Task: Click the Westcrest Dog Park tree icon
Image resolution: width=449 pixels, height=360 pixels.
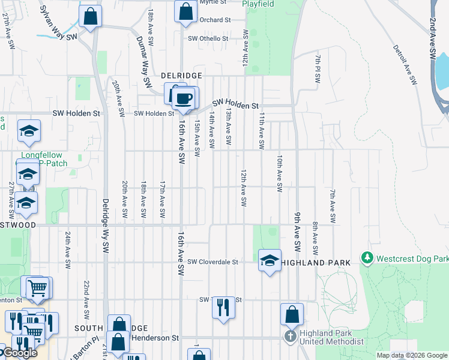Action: coord(367,259)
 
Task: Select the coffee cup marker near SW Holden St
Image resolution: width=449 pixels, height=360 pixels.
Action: coord(184,98)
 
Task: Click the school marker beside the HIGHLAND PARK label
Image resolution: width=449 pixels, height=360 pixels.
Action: coord(270,260)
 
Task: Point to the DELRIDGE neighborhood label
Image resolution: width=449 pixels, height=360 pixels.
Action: coord(181,76)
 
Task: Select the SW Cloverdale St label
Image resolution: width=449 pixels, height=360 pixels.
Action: coord(212,262)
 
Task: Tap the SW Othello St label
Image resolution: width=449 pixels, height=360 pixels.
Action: coord(208,38)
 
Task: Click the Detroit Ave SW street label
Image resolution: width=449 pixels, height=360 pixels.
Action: coord(405,65)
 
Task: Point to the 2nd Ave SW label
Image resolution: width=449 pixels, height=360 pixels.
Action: coord(432,37)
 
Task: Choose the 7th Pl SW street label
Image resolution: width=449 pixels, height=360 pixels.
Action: coord(318,69)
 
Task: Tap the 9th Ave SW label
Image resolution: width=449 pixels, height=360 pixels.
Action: coord(297,231)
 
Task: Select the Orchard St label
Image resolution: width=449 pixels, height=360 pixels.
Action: coord(215,20)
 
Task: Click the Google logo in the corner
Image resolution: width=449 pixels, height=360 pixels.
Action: coord(19,353)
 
